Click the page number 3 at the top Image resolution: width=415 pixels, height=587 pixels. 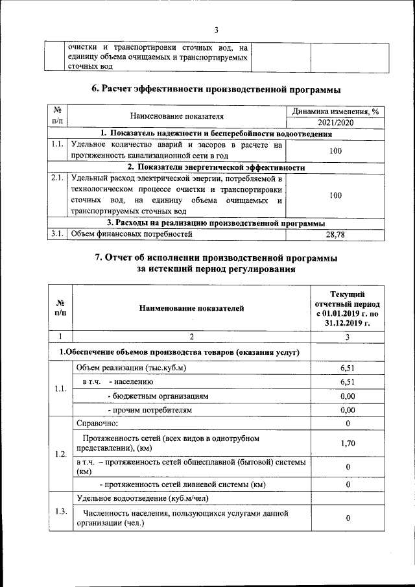(217, 29)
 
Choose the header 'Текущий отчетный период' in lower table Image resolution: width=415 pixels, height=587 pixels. (348, 308)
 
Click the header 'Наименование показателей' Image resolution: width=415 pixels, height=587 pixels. (191, 308)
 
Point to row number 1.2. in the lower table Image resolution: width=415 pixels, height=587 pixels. (61, 453)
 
